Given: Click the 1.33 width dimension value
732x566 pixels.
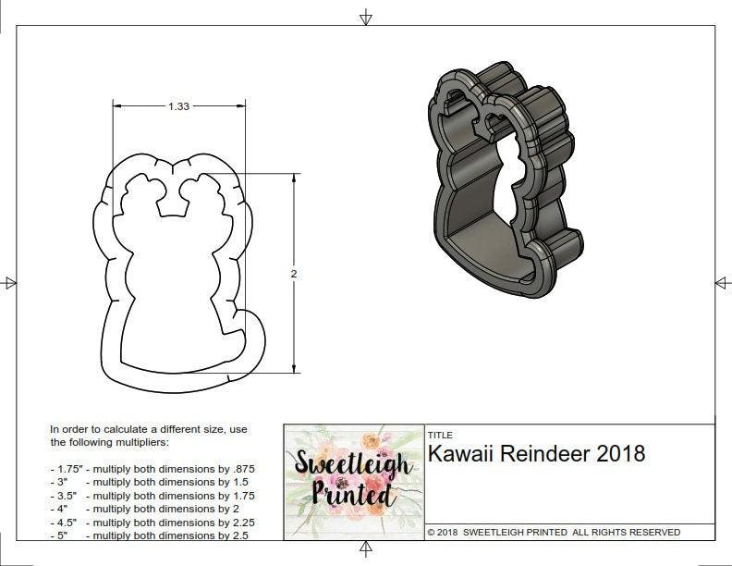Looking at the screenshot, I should pos(178,106).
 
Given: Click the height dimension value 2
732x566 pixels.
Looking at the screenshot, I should pos(294,274).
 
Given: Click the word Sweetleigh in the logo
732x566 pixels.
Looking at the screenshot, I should pos(353,462).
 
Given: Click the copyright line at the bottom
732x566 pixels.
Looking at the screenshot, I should pos(554,532).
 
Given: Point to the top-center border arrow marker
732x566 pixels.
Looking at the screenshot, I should pos(366,17).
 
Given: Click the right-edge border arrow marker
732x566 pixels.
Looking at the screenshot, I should pos(721,282).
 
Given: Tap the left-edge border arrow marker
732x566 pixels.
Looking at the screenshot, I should pos(9,282).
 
